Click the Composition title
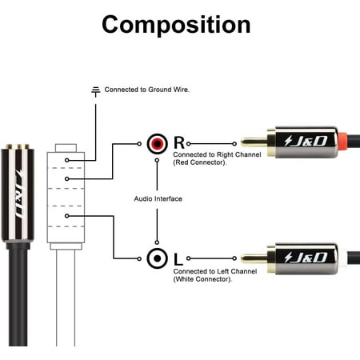(x=176, y=25)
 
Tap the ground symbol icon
(x=96, y=91)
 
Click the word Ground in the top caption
(x=160, y=90)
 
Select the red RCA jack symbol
(x=158, y=144)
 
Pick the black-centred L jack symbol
(x=158, y=258)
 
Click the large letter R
(x=179, y=142)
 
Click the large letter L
(x=178, y=259)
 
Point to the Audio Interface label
(x=158, y=198)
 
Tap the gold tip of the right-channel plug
(x=254, y=142)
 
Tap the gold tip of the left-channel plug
(x=254, y=258)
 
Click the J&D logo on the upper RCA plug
(x=306, y=141)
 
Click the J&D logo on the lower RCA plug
(x=306, y=258)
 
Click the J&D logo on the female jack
(x=19, y=194)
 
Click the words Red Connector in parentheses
(x=200, y=162)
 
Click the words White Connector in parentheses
(x=202, y=279)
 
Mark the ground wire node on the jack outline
(x=67, y=160)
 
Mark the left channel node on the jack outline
(x=67, y=216)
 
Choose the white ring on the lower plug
(x=342, y=258)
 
